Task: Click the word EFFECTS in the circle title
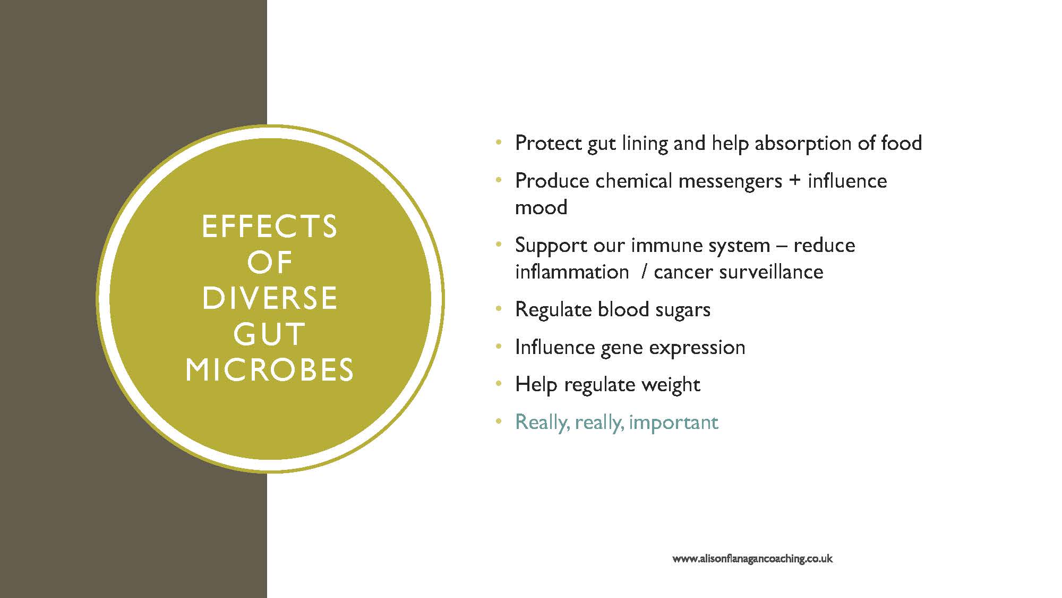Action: coord(269,226)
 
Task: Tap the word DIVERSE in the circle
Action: coord(269,298)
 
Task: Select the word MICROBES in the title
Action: coord(269,369)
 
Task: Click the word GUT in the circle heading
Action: coord(269,334)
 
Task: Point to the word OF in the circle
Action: coord(270,262)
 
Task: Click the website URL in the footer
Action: coord(752,559)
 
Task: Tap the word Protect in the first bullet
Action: coord(549,144)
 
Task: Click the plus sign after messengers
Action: coord(794,181)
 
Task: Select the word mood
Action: coord(541,207)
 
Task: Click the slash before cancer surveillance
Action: coord(644,272)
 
